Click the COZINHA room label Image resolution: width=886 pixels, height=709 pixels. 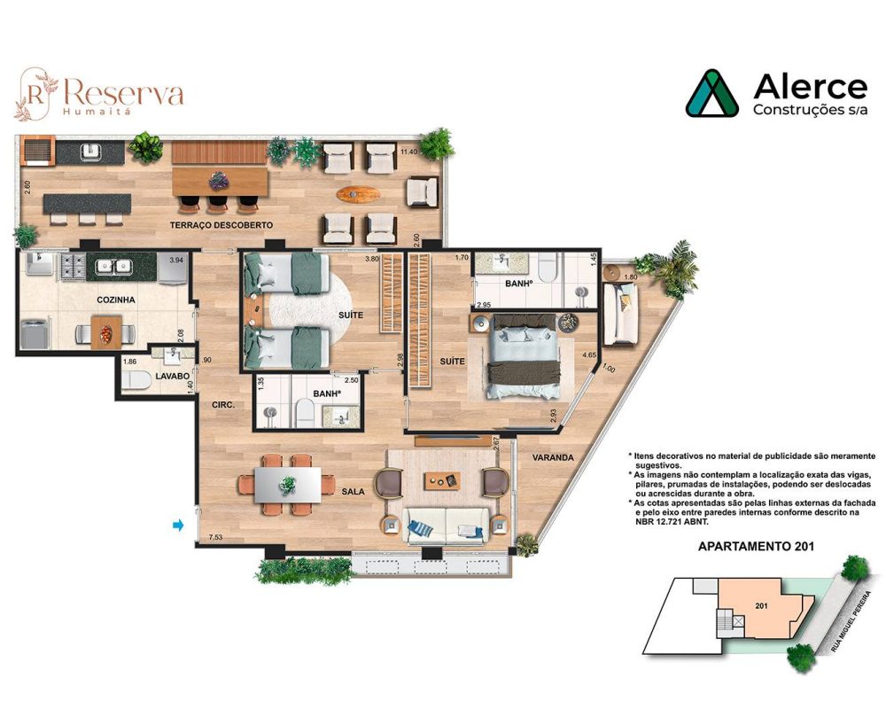coord(116,300)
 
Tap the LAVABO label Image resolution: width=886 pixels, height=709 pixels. coord(174,376)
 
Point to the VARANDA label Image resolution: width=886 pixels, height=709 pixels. coord(554,457)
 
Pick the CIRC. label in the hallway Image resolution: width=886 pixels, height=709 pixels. coord(222,404)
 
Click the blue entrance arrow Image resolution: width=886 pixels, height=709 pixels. coord(178,526)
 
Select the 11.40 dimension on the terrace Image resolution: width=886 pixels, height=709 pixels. coord(408,152)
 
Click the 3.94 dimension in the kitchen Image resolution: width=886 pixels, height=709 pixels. coord(176,260)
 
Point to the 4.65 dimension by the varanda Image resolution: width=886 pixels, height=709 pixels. coord(588,354)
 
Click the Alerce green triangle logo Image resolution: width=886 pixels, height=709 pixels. coord(712,93)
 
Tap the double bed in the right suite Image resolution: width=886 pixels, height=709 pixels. coord(525,354)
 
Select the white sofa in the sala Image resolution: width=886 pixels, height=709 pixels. coord(443,525)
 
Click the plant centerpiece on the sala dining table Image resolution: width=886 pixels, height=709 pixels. coord(288,484)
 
